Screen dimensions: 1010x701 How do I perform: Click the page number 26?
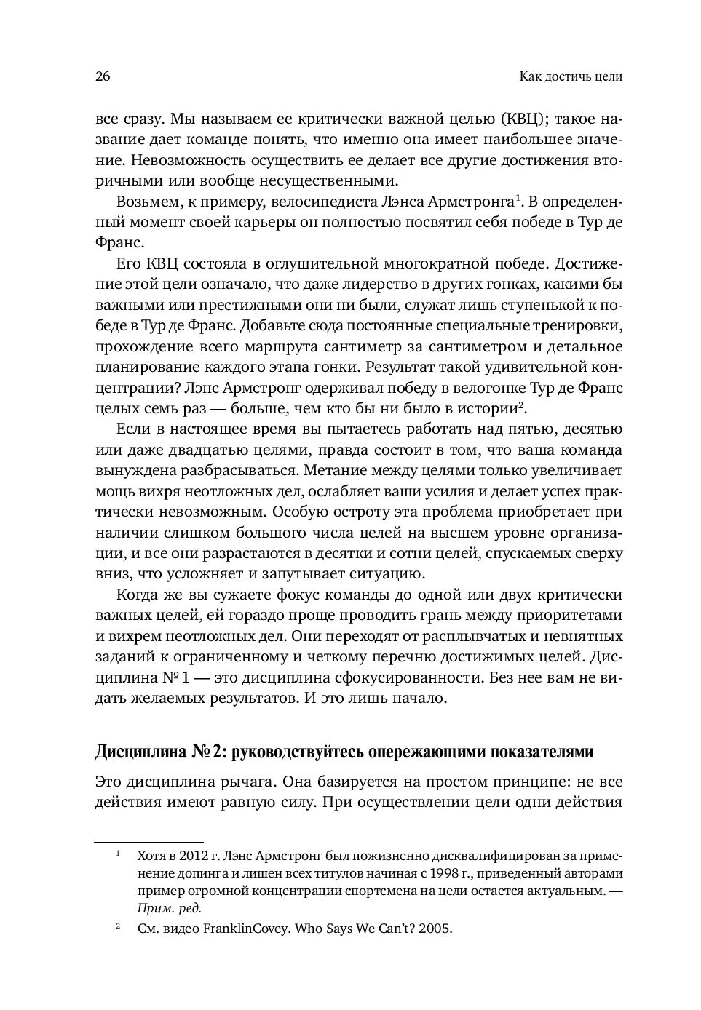pyautogui.click(x=103, y=76)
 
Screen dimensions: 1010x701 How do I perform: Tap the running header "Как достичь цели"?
pyautogui.click(x=571, y=77)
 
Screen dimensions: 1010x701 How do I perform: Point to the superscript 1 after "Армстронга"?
pyautogui.click(x=518, y=196)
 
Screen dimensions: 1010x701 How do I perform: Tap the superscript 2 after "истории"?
pyautogui.click(x=523, y=404)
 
